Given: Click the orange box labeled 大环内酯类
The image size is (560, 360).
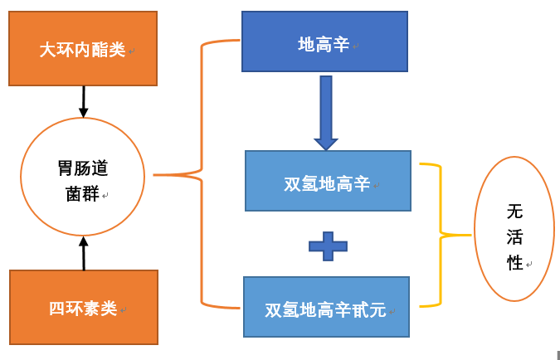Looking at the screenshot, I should tap(83, 48).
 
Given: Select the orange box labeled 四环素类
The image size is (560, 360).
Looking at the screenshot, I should tap(83, 307).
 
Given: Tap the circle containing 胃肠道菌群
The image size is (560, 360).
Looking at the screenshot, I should tap(82, 176).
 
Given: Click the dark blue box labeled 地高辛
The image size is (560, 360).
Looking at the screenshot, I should tap(324, 41).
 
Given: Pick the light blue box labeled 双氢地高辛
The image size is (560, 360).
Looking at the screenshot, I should tap(328, 181).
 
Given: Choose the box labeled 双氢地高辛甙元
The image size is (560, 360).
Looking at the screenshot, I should tap(326, 307).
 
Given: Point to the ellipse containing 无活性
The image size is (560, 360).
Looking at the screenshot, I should tap(514, 229).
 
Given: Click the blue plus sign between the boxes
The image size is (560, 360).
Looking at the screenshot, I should tap(328, 246).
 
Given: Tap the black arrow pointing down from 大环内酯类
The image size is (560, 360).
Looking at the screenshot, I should tap(83, 101).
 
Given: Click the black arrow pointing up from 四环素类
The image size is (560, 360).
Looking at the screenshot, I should tap(83, 253).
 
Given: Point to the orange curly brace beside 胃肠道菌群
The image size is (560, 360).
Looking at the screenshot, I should tap(202, 175).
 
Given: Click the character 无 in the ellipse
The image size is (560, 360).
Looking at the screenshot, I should tap(515, 211).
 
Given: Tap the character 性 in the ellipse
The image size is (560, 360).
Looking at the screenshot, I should tap(515, 263).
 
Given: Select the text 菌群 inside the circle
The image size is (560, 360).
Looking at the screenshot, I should tap(82, 194).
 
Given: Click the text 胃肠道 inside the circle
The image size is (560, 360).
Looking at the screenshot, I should tap(82, 168).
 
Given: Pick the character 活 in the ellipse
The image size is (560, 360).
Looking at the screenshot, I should tap(515, 237).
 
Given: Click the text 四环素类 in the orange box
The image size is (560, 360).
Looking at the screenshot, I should tap(82, 309).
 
